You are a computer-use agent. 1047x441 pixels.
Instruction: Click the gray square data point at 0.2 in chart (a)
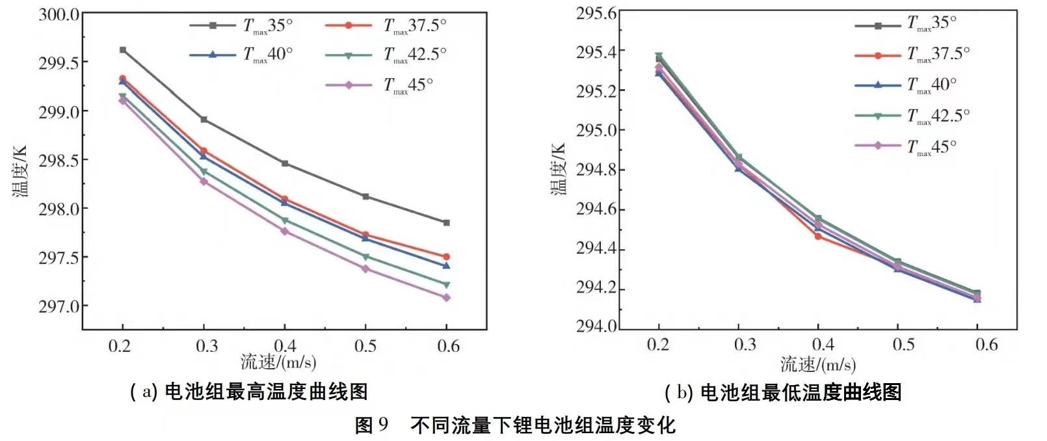tap(123, 50)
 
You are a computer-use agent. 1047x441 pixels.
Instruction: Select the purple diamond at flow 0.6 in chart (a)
tap(446, 297)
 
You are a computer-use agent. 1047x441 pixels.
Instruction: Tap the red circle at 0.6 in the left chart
tap(446, 257)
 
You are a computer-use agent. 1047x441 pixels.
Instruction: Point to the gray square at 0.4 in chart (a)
tap(285, 163)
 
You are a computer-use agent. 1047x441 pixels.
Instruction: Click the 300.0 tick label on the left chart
tap(59, 14)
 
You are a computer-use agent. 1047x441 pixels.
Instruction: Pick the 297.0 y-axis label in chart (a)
tap(59, 306)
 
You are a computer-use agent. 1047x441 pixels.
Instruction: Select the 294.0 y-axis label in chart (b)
tap(596, 326)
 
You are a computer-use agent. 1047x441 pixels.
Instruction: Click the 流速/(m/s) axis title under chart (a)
tap(278, 362)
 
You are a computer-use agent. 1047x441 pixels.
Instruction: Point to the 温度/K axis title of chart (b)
tap(558, 169)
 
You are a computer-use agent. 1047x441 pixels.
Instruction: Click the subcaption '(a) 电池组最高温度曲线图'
tap(249, 392)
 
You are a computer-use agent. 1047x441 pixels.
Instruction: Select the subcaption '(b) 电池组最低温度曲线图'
tap(783, 392)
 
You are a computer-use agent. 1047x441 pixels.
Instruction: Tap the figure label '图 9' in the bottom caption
tap(371, 425)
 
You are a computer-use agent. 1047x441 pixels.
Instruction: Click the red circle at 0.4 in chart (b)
tap(818, 236)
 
